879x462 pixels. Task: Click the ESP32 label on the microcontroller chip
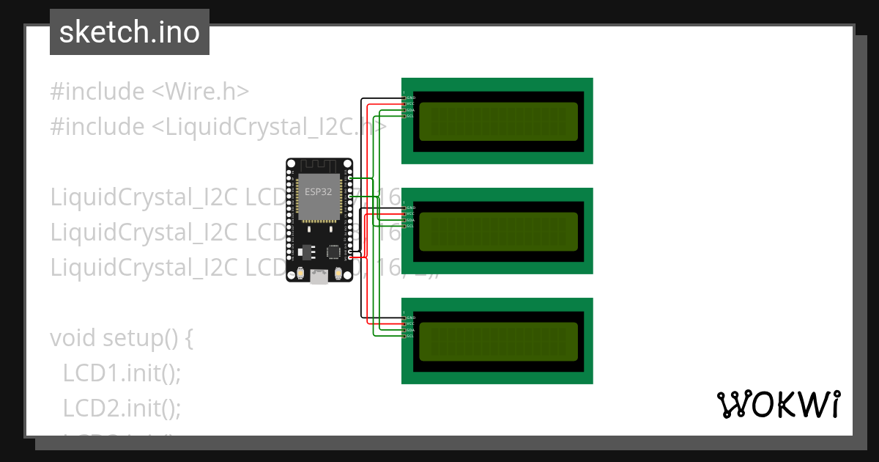tap(319, 192)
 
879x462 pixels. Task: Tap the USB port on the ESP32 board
tap(319, 276)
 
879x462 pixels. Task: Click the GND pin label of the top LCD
tap(411, 98)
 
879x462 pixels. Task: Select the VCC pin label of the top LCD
tap(410, 104)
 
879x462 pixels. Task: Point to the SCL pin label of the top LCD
tap(410, 116)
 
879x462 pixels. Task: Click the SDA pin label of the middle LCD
tap(410, 220)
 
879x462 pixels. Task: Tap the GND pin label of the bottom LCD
tap(411, 318)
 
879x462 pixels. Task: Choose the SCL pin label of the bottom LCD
tap(410, 336)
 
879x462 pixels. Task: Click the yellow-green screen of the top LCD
tap(498, 121)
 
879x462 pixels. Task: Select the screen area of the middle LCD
tap(498, 231)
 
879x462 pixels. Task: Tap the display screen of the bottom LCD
tap(498, 341)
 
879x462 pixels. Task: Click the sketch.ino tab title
tap(130, 32)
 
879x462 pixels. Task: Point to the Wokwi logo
tap(779, 404)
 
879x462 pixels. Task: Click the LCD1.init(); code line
tap(122, 373)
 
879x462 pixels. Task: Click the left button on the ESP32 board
tap(301, 274)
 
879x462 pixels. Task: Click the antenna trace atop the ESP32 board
tap(319, 166)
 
